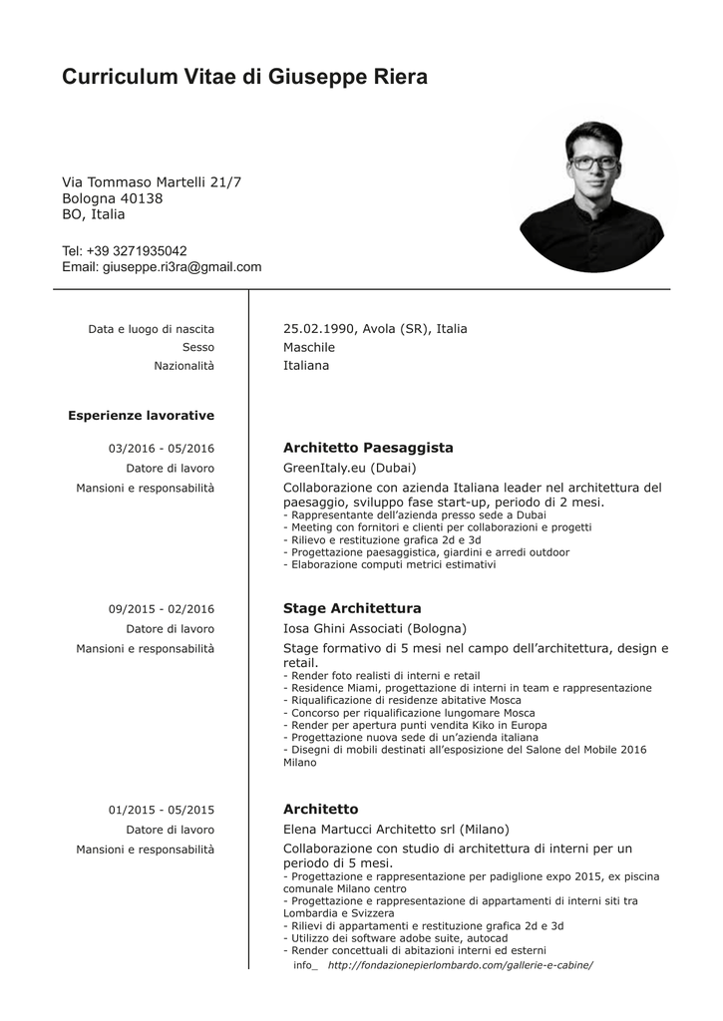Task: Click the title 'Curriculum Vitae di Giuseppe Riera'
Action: (244, 77)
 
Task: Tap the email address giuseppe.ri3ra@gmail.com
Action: (181, 267)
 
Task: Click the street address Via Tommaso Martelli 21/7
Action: (152, 182)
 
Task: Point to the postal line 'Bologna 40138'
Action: (112, 198)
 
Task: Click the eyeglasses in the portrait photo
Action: (592, 162)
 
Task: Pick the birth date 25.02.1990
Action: (319, 329)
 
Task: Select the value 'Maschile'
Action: (309, 347)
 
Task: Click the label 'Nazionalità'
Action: (183, 366)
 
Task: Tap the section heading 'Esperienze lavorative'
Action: (141, 415)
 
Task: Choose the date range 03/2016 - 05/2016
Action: (162, 449)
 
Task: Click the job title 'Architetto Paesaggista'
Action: (368, 448)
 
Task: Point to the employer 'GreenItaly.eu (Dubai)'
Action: (349, 468)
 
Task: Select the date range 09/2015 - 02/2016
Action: (162, 609)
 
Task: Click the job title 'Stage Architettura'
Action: (352, 608)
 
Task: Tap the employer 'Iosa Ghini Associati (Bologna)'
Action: (374, 628)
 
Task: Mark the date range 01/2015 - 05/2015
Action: (162, 810)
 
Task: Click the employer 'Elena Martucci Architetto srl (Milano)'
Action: (396, 829)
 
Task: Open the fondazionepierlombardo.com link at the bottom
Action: (460, 965)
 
